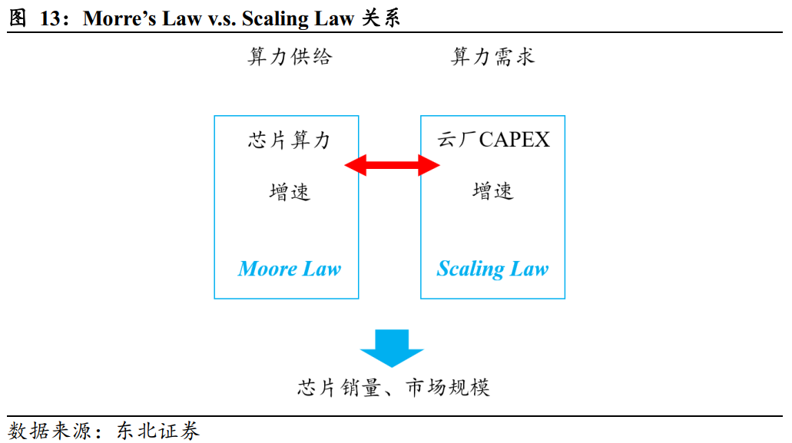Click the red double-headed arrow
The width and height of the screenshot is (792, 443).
[x=392, y=165]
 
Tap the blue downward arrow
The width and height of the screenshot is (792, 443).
[x=392, y=348]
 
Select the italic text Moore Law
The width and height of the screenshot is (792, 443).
[x=290, y=269]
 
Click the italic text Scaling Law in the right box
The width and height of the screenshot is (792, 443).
[x=492, y=269]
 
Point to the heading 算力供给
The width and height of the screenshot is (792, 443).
[x=290, y=57]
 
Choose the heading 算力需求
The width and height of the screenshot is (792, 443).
[x=492, y=57]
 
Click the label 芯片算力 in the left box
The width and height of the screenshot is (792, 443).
[x=290, y=140]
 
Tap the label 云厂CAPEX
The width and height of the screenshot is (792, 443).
[x=493, y=140]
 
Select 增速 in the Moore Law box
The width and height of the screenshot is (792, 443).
[x=290, y=192]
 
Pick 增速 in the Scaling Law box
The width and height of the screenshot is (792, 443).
[x=493, y=192]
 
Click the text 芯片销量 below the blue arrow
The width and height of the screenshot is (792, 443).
[x=339, y=388]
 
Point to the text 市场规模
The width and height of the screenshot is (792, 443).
[x=448, y=388]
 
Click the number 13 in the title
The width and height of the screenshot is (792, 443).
[x=51, y=18]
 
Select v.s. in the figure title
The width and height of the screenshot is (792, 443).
[x=222, y=19]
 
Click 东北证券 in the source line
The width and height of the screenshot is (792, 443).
[x=158, y=431]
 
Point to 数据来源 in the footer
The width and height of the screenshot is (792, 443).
[x=49, y=431]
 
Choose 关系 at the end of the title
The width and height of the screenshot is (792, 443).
[x=381, y=18]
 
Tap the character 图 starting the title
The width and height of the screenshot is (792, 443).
[x=18, y=18]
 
